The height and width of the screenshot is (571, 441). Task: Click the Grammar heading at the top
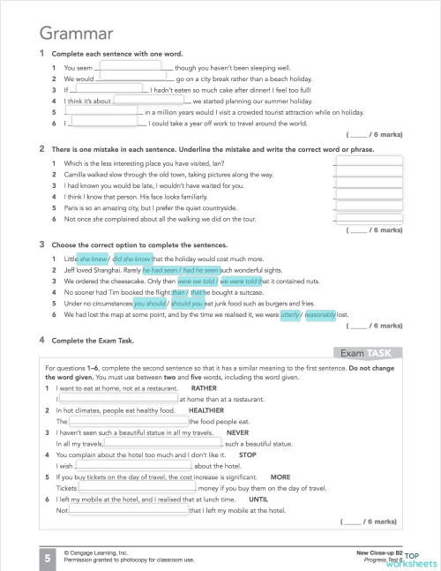[75, 34]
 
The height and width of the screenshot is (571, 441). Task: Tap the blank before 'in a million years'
[101, 112]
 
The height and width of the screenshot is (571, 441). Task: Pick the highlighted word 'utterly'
[289, 314]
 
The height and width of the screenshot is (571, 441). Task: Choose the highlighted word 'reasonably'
[320, 314]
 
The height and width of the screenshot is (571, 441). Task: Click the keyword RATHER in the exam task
[204, 387]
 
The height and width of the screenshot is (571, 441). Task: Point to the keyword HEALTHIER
[206, 410]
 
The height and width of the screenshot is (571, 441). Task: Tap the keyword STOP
[248, 455]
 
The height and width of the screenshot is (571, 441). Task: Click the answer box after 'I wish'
[133, 466]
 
